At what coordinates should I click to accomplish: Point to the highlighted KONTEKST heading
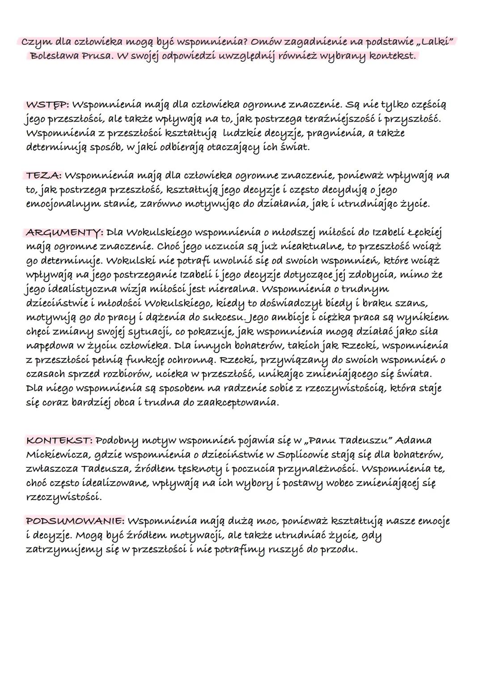click(59, 440)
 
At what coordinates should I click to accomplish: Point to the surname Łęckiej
click(424, 232)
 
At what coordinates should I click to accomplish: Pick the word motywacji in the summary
click(208, 535)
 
